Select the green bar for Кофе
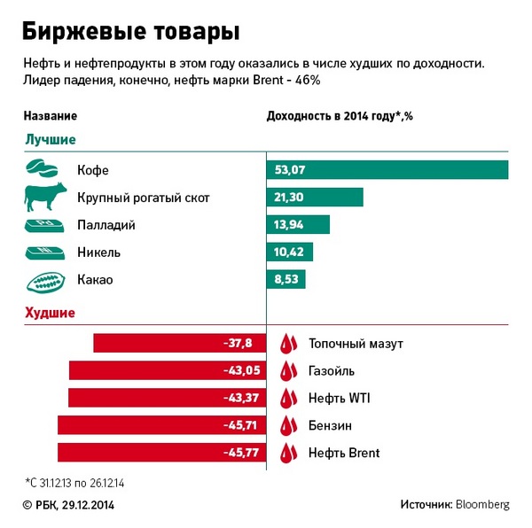(387, 169)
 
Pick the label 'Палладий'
(106, 225)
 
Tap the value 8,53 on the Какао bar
(286, 280)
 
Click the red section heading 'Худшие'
(50, 312)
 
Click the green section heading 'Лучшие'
(50, 139)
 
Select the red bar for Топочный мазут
(180, 343)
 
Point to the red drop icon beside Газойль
(288, 370)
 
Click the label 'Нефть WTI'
(339, 398)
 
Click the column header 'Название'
(50, 116)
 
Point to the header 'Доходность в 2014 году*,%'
(340, 116)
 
